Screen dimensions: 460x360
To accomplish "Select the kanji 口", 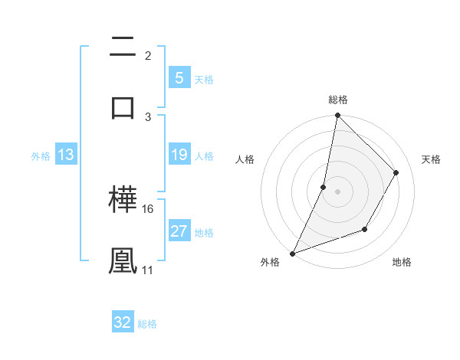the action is tap(123, 106).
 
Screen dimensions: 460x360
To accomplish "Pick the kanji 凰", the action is tap(123, 260).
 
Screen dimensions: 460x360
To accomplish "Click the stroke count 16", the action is tap(149, 208).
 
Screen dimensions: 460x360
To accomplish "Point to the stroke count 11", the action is tap(148, 270).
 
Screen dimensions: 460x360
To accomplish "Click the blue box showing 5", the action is tap(179, 78).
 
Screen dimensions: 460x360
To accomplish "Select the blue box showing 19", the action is tap(179, 155).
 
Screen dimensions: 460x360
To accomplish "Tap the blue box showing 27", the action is tap(179, 231).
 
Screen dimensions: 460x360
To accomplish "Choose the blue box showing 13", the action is tap(66, 155).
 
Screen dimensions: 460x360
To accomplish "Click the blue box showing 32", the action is tap(123, 322).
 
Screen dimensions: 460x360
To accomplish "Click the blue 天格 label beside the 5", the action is tap(204, 80).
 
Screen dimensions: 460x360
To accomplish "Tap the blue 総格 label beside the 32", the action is tap(148, 324).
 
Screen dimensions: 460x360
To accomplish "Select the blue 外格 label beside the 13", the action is tap(41, 156).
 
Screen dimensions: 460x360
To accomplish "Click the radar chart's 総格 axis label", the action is tap(338, 100).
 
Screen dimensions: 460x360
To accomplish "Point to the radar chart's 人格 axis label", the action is tap(245, 159).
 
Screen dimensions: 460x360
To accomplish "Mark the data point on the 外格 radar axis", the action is tap(292, 253).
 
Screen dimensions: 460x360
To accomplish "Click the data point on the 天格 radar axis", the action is tap(396, 172).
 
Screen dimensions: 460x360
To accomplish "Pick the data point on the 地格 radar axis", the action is tap(365, 229).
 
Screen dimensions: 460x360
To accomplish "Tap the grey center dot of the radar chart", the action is tap(337, 191).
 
